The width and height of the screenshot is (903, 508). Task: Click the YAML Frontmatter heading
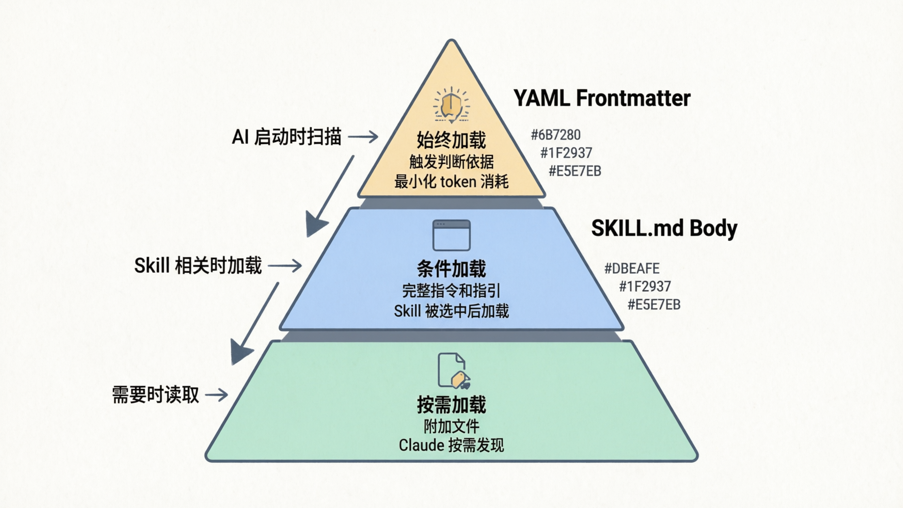(602, 98)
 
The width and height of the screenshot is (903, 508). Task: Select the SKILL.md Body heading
(664, 229)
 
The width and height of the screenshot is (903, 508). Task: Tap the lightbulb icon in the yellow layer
(451, 104)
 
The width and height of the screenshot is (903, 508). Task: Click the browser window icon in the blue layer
(451, 235)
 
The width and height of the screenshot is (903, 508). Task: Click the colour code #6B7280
(555, 135)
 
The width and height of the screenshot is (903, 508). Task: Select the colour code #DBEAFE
(632, 269)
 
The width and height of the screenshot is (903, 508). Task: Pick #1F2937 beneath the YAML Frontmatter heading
(566, 153)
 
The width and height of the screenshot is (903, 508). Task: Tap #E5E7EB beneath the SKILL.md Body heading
(654, 305)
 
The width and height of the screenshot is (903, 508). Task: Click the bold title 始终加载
(451, 140)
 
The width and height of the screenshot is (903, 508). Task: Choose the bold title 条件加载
(451, 269)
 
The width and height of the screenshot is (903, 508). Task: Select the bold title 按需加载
(451, 405)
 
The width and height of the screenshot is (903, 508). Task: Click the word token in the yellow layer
(458, 182)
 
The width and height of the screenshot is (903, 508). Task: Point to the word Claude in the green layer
(421, 445)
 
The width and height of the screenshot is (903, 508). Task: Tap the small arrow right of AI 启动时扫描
(363, 137)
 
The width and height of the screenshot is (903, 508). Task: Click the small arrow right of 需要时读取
(217, 395)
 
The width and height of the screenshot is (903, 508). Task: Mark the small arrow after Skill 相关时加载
(285, 266)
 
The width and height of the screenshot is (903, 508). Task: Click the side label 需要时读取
(156, 395)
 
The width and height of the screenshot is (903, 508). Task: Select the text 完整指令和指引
(451, 291)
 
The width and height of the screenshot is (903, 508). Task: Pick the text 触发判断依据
(451, 162)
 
